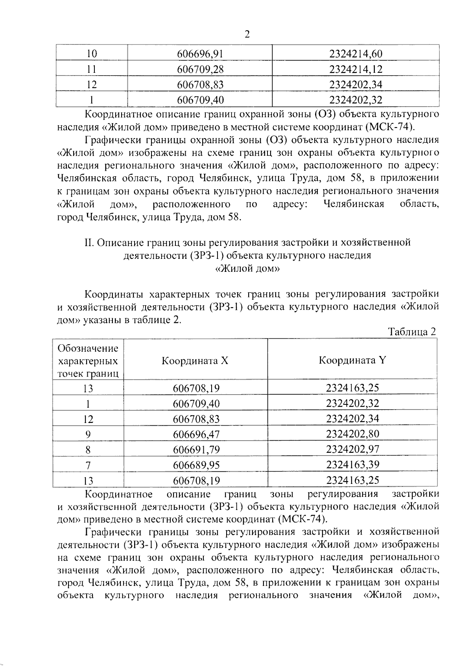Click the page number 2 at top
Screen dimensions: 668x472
[247, 34]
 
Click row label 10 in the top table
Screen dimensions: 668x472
[91, 54]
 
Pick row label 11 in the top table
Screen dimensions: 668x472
[91, 69]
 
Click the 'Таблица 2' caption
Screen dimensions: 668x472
[412, 332]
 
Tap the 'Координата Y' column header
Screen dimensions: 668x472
[352, 360]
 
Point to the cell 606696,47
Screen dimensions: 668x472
[196, 434]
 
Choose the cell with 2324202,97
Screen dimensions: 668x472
[352, 449]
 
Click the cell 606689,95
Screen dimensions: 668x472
[196, 465]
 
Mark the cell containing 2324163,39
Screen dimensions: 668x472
[352, 465]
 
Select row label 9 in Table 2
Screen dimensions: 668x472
[88, 434]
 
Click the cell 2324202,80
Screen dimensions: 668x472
[352, 434]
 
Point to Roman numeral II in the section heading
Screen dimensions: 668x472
[88, 242]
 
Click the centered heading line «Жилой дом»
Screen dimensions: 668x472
[247, 269]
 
